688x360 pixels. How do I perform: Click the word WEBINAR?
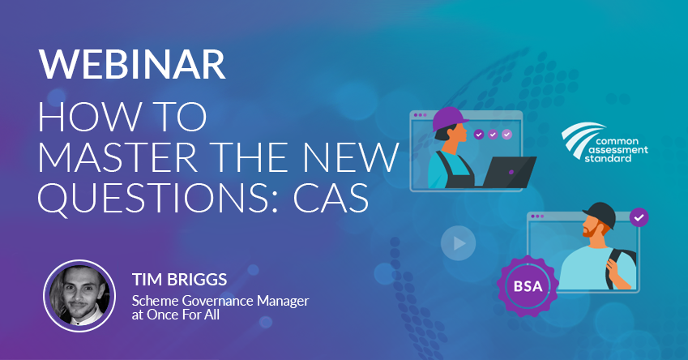(x=132, y=64)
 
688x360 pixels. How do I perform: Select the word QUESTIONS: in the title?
(x=158, y=198)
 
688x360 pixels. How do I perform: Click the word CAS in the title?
(x=331, y=198)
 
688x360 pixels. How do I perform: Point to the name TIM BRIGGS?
(x=179, y=279)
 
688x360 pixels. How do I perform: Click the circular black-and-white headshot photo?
(x=79, y=295)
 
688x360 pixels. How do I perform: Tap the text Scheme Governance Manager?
(x=220, y=301)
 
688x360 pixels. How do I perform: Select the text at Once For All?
(x=176, y=315)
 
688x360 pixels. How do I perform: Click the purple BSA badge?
(x=528, y=286)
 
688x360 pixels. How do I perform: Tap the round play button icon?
(x=458, y=242)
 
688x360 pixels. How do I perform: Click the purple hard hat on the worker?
(x=448, y=118)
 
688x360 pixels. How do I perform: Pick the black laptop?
(x=509, y=172)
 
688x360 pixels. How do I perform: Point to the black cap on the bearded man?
(x=600, y=214)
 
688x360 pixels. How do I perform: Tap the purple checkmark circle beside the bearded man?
(x=639, y=217)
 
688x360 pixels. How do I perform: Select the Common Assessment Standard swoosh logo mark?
(x=580, y=136)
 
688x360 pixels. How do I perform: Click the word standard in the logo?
(x=608, y=158)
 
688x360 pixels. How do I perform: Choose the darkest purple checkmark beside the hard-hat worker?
(x=479, y=134)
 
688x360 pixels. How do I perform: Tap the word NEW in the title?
(x=351, y=156)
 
